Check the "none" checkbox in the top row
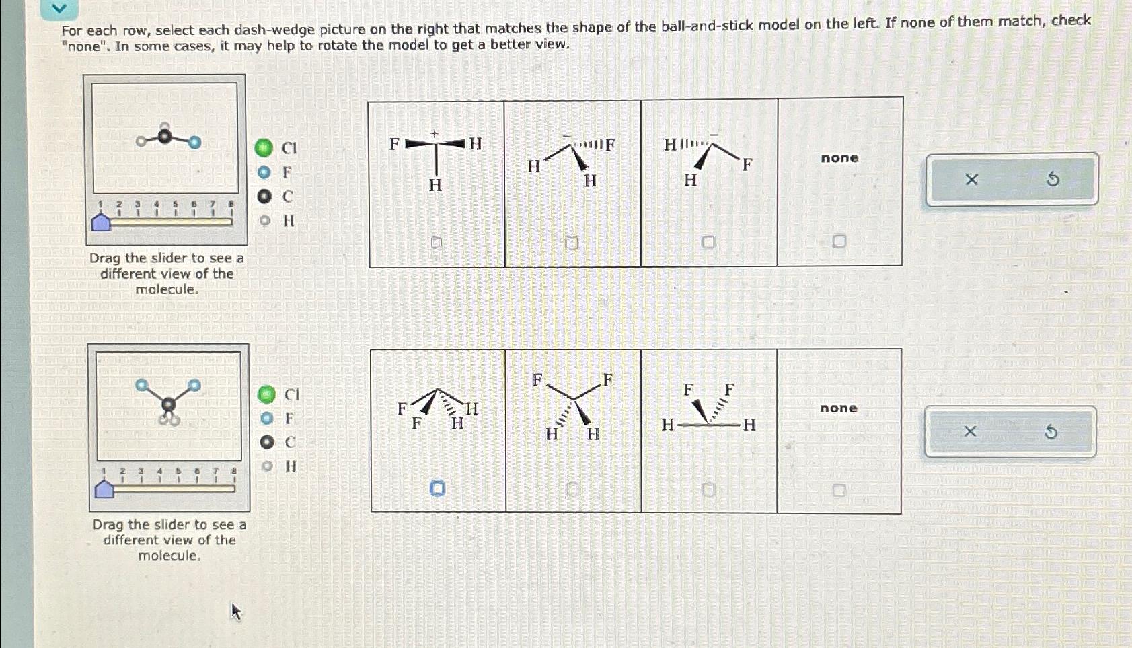click(839, 241)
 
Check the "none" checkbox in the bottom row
click(839, 491)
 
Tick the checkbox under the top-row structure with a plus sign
click(437, 242)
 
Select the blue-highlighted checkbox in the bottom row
click(437, 488)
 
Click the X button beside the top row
click(971, 180)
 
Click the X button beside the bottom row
click(970, 431)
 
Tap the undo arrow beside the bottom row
click(1051, 431)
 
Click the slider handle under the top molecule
click(101, 222)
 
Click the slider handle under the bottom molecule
click(104, 489)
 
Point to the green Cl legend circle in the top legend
click(264, 148)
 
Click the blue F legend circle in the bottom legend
click(267, 419)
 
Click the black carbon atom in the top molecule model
click(165, 137)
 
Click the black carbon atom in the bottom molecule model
click(169, 404)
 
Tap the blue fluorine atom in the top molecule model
click(194, 142)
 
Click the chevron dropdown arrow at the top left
click(59, 9)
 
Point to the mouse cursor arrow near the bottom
click(235, 610)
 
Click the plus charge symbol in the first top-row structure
click(435, 134)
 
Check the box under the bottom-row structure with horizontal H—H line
click(708, 490)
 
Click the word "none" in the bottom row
click(838, 408)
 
